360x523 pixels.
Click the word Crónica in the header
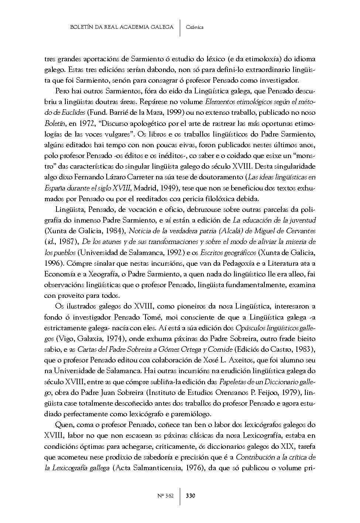coord(195,27)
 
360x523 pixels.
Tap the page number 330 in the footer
coord(191,495)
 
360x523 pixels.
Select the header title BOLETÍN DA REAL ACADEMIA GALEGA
coord(122,27)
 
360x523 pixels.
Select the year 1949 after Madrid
coord(167,188)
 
